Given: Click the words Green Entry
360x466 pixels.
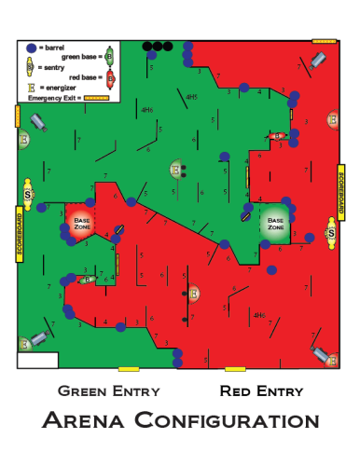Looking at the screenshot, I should (108, 391).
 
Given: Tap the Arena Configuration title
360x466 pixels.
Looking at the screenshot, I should (181, 420).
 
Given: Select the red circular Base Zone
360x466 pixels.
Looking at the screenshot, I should (80, 223).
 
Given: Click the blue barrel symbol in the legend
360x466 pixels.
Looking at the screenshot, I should (31, 48).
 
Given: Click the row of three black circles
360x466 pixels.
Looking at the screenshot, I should (157, 46).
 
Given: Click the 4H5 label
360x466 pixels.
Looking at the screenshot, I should (191, 97).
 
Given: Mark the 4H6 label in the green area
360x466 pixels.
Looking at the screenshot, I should (145, 110).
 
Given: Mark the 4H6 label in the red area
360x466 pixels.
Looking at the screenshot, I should (262, 315).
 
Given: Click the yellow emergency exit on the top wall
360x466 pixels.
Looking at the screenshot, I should (324, 41).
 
